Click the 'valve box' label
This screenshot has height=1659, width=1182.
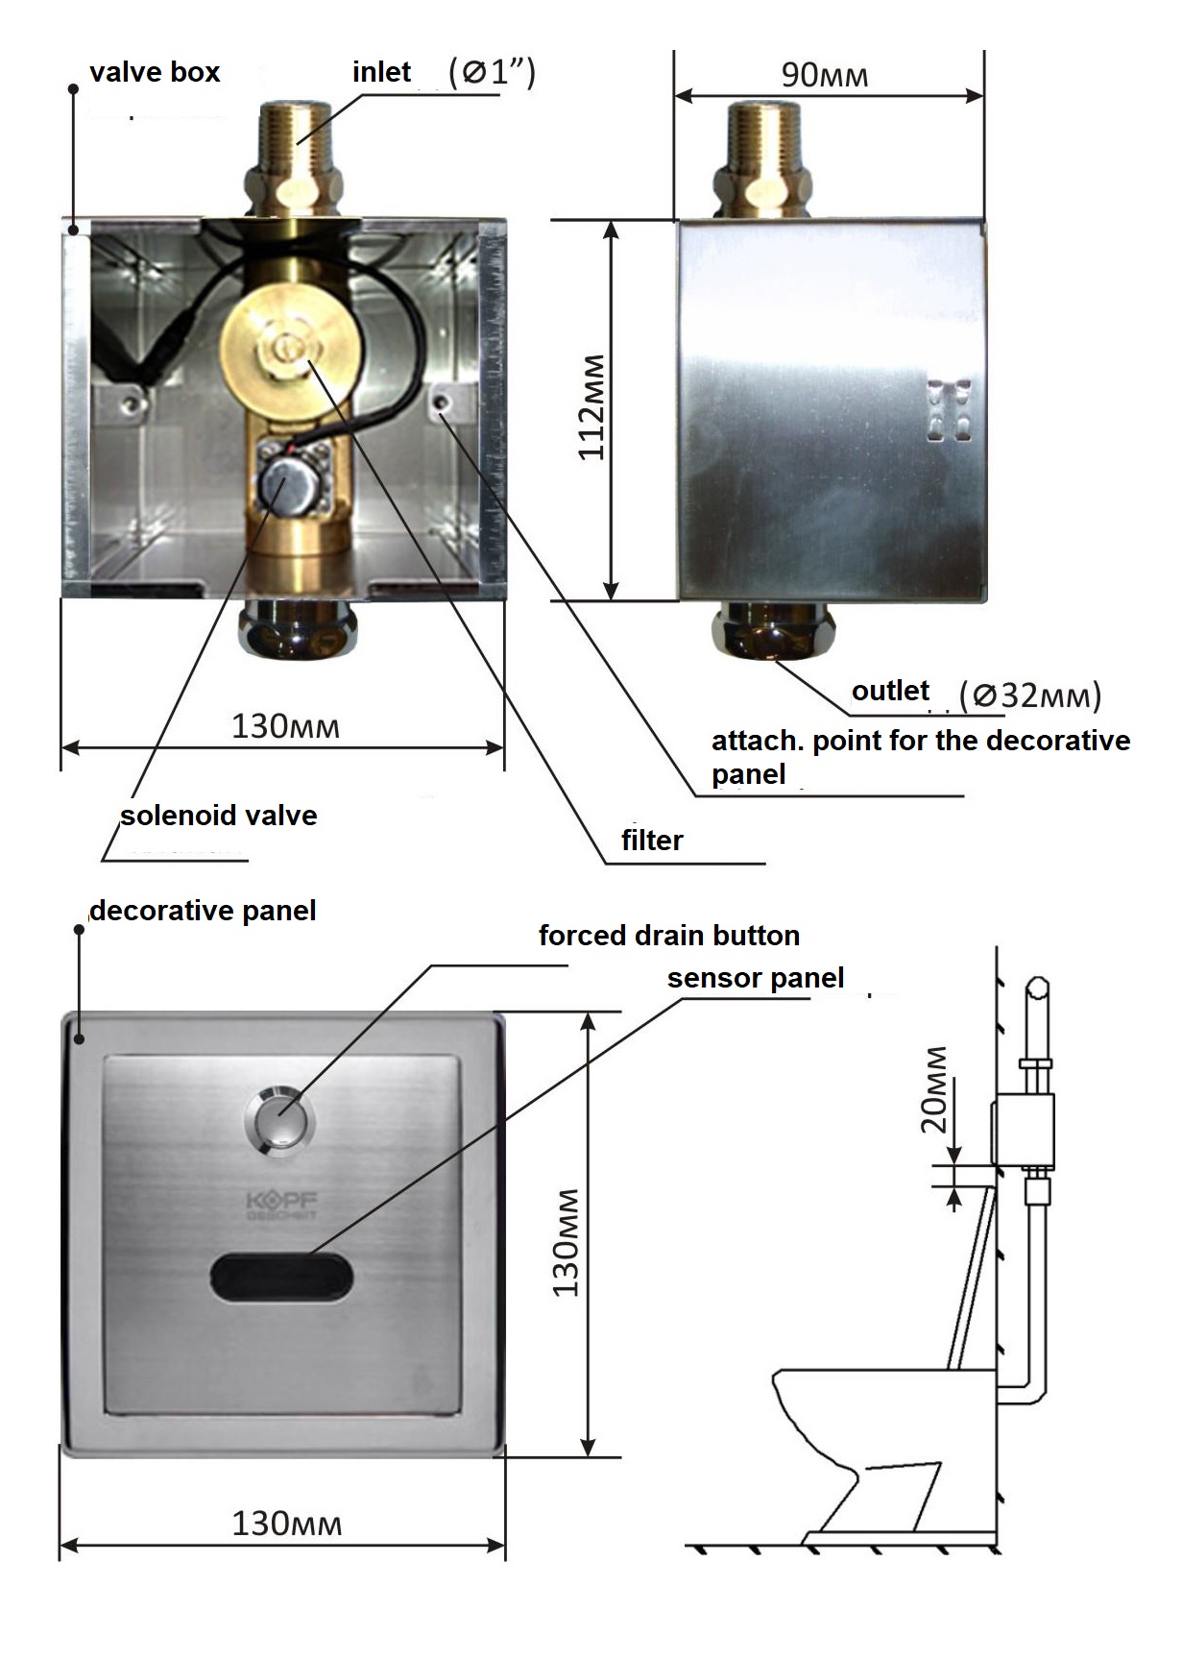[155, 72]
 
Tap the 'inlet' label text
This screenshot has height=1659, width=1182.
[381, 72]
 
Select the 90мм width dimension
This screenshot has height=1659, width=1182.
[825, 75]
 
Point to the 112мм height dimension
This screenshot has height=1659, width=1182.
[591, 407]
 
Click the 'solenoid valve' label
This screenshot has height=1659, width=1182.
[218, 816]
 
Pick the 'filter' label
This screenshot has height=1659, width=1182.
[652, 841]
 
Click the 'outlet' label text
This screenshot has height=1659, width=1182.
[890, 691]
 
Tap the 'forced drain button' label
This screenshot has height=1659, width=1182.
[669, 936]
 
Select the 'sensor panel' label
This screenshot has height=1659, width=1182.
[756, 978]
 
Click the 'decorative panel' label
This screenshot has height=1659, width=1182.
[203, 911]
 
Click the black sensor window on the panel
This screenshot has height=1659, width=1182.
[282, 1278]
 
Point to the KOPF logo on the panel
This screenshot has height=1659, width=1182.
[282, 1207]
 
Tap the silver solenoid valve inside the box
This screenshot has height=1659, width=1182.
[286, 485]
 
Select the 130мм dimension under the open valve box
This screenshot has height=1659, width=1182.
[285, 725]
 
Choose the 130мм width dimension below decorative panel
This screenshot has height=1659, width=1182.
[286, 1524]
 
